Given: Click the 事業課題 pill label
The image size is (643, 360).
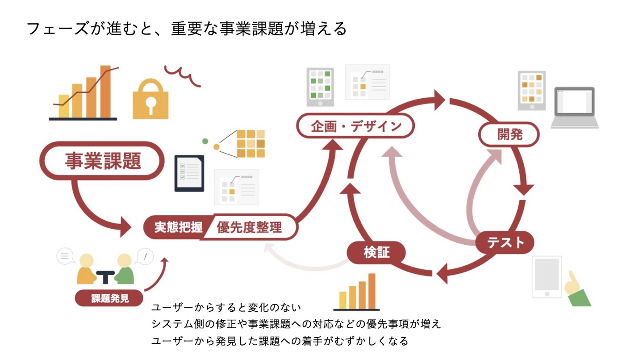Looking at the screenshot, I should (x=103, y=161).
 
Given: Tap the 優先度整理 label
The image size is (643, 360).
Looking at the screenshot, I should (x=249, y=227).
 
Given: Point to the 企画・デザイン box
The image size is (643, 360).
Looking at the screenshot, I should (x=356, y=126).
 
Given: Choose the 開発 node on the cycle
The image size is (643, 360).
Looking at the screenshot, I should (x=509, y=134).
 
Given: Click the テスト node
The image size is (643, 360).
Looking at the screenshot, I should (x=505, y=243).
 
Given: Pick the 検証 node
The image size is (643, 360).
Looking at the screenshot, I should (x=376, y=252).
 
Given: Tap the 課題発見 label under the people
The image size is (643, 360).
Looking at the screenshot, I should (x=109, y=298).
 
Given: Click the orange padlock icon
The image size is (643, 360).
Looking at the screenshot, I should (x=150, y=100).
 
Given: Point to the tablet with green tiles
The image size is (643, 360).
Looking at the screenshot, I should (x=320, y=87).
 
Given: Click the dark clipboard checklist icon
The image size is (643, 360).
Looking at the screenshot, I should (x=189, y=173).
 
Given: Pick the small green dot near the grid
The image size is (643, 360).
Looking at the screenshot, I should (x=205, y=141).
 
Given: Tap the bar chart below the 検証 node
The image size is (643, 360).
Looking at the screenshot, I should (x=356, y=293).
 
